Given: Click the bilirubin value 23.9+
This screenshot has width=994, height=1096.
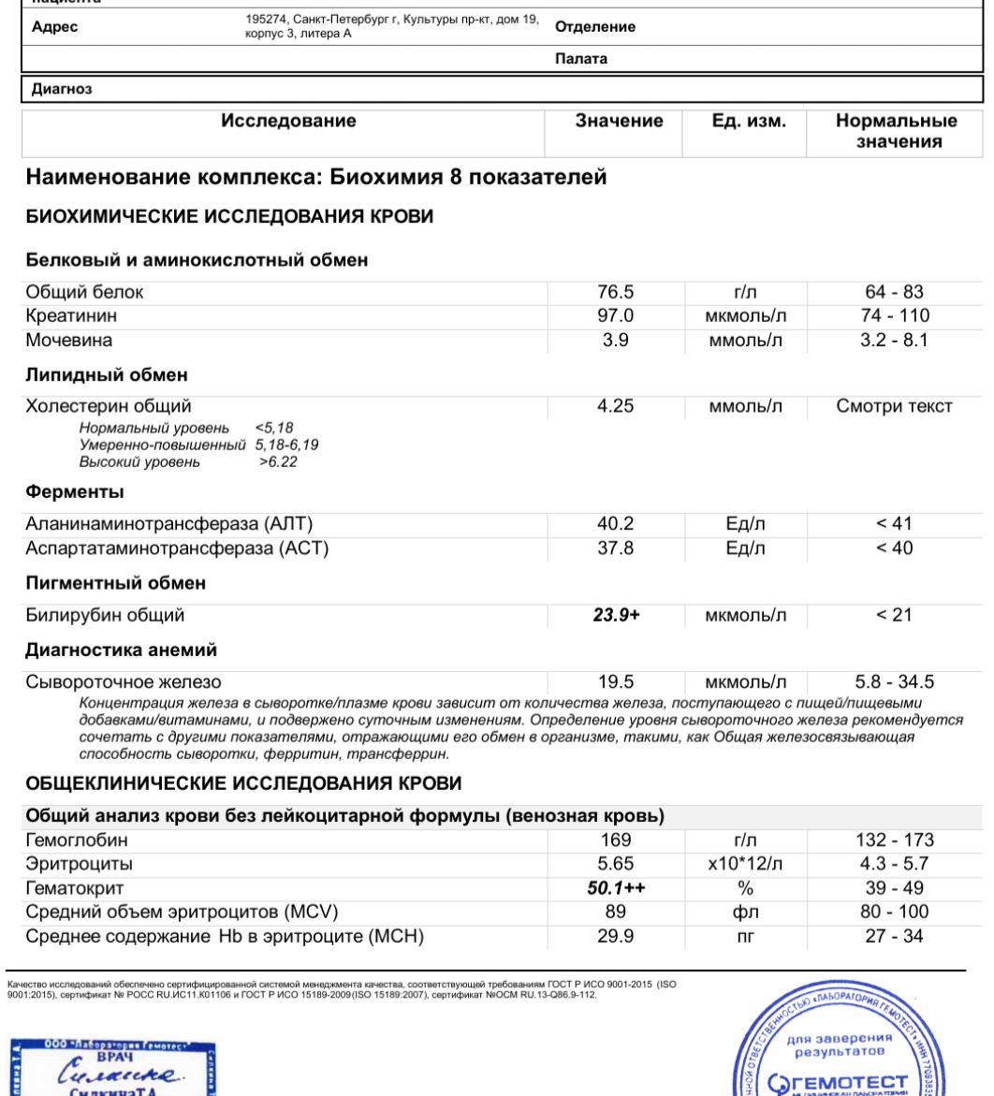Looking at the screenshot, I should coord(615,615).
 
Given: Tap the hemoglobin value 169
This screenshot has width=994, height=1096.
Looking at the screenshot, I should coord(615,840).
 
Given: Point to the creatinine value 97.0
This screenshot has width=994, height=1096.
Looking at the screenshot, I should coord(615,316).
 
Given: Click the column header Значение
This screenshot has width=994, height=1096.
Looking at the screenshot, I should coord(619,121).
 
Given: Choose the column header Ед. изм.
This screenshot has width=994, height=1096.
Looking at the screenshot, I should coord(749,121).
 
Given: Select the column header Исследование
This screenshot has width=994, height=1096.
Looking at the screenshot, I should coord(288,121).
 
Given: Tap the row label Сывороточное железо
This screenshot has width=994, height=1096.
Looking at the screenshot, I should coord(123,682).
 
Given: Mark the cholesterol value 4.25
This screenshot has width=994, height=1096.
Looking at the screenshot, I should coord(615,406).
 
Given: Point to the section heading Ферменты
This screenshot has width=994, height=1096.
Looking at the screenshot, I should coord(75,491).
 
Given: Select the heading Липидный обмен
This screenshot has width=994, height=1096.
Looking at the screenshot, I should coord(107,374).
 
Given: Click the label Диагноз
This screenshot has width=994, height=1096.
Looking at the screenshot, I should coord(62,89).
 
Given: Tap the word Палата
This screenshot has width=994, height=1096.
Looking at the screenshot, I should coord(580,58).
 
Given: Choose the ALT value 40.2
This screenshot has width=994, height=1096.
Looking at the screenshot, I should coord(615,524).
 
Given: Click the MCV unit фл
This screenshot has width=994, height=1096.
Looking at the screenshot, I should coord(745,913).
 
